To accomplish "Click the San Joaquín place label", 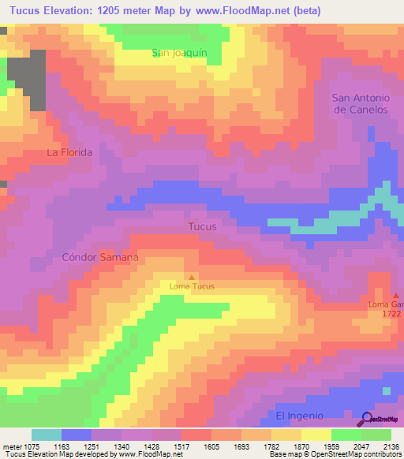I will coord(179,52).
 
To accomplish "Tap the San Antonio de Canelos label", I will coord(361,103).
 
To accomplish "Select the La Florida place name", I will coord(69,152).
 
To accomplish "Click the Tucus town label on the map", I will coord(202,227).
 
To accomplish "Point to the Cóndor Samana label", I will coord(100,258).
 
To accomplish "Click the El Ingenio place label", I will coord(300,416).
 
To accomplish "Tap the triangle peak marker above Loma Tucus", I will coord(191,277).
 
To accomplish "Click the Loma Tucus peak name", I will coord(192,286).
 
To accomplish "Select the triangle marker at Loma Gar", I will coord(396,296).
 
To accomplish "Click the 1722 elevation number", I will coord(392,314).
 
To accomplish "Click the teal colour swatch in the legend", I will coord(47,435).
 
